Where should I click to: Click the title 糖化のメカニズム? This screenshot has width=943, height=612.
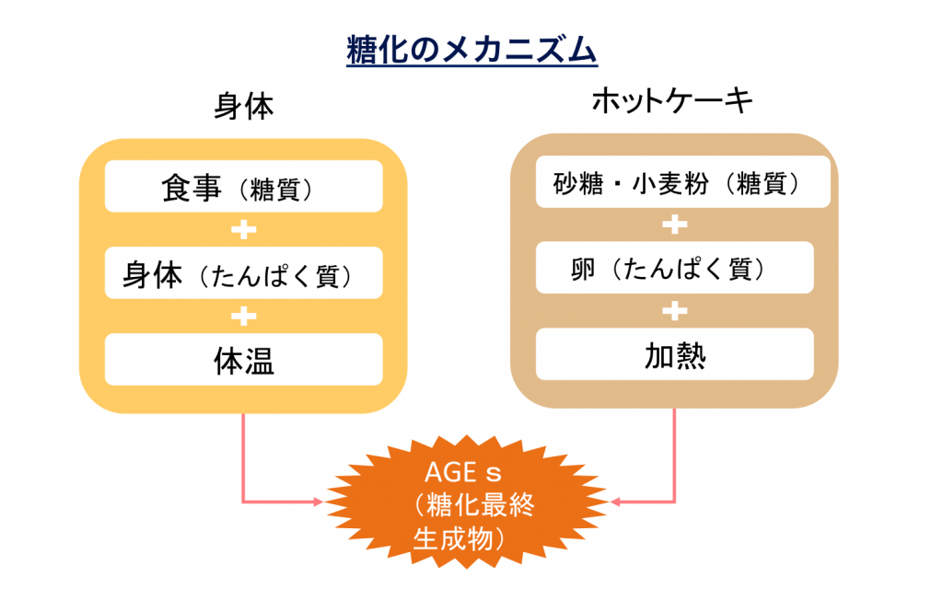point(471,49)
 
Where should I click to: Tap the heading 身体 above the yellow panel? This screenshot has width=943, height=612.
point(243,107)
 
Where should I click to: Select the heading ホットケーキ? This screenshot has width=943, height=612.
point(672,100)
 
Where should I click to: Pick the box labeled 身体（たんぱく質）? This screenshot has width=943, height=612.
point(243,273)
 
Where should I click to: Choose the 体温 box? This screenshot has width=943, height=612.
point(243,360)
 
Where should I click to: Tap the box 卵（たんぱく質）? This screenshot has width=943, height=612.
point(675,268)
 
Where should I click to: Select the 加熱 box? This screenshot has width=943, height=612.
point(675,353)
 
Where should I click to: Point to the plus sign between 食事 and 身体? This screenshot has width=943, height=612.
point(243,229)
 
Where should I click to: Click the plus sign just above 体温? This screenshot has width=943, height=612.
point(243,317)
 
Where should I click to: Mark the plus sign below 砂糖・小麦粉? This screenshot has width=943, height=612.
point(675,225)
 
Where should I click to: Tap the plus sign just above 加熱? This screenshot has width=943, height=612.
point(675,310)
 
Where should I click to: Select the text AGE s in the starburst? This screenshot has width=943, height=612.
point(462,474)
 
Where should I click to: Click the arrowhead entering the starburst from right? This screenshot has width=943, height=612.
point(617,502)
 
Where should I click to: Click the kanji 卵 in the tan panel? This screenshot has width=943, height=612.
point(584,269)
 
